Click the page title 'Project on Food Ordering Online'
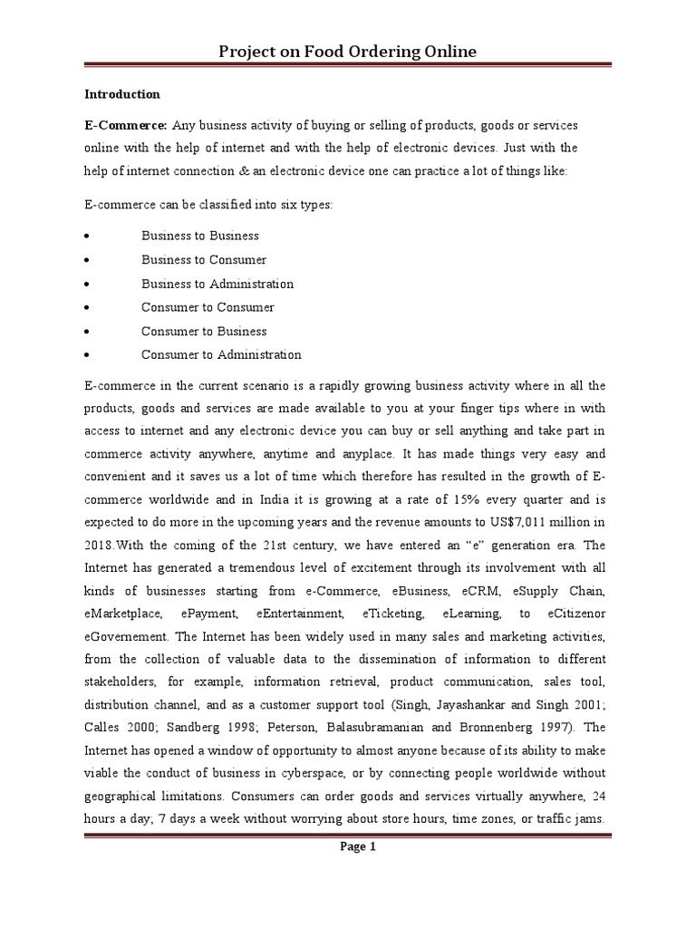coord(348,53)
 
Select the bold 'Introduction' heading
coord(122,94)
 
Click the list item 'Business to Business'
coord(199,236)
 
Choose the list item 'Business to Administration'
coord(217,284)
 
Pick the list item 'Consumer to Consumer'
coord(208,307)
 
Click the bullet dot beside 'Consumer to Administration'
coord(86,355)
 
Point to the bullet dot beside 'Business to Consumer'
coord(86,260)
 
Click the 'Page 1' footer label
coord(348,847)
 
